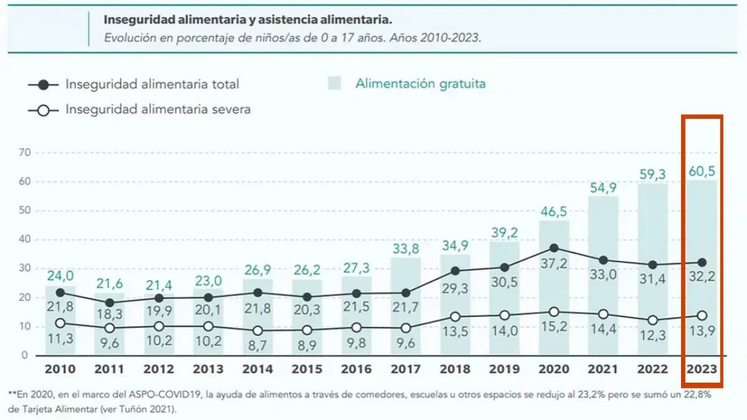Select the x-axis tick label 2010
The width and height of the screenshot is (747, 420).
tap(60, 370)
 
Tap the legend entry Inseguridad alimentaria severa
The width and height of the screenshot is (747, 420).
tap(158, 110)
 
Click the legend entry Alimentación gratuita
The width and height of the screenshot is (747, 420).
tap(420, 83)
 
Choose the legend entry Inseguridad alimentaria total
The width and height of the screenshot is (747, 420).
tap(152, 84)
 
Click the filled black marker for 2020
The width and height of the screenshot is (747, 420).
tap(554, 248)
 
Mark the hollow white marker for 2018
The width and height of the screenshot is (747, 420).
tap(455, 317)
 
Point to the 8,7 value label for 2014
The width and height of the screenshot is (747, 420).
tap(257, 344)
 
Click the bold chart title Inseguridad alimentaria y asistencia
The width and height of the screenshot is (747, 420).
tap(248, 19)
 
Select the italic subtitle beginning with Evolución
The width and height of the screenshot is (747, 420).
tap(293, 37)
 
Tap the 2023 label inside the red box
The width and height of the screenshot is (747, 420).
tap(702, 370)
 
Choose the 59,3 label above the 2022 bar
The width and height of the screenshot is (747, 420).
tap(652, 175)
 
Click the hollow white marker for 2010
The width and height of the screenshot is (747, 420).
tap(60, 323)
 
